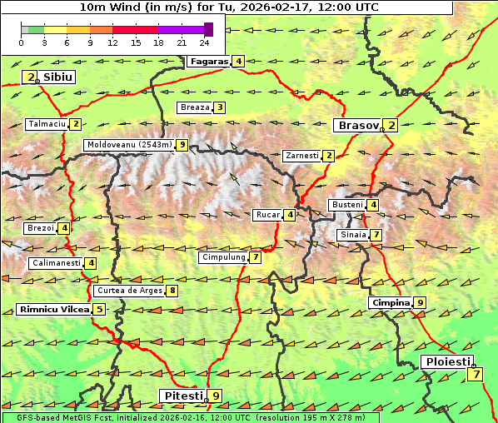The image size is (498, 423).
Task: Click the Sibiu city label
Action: click(58, 77)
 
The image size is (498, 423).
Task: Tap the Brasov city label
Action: click(356, 126)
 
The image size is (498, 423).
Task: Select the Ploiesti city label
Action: click(447, 362)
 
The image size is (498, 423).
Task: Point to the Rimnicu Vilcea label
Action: click(52, 310)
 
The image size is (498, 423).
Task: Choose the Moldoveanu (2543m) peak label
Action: click(129, 145)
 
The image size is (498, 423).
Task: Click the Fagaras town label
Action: click(208, 61)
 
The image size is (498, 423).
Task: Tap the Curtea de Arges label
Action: click(128, 291)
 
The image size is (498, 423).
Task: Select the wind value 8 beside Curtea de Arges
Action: click(172, 291)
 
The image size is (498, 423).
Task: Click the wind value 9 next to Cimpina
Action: click(420, 303)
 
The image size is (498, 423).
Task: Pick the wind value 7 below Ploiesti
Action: click(475, 375)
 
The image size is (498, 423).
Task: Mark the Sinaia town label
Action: click(352, 235)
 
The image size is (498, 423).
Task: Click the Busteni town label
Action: click(346, 205)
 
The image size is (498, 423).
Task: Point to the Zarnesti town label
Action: click(301, 156)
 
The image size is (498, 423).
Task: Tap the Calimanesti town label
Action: click(56, 263)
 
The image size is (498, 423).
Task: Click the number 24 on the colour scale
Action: click(204, 42)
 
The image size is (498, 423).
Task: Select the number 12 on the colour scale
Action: click(112, 42)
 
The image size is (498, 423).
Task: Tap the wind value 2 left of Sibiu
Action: click(31, 77)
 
